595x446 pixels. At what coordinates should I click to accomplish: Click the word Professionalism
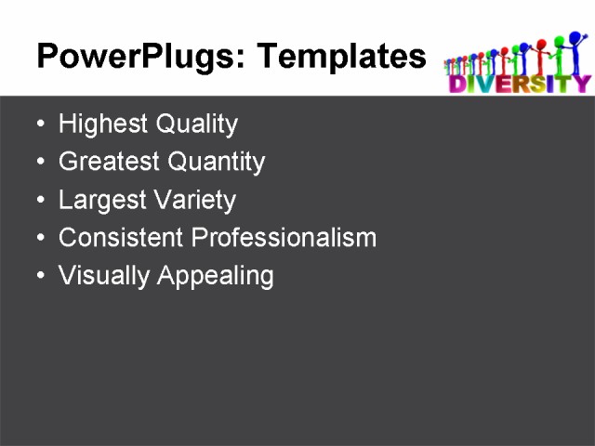[x=284, y=238]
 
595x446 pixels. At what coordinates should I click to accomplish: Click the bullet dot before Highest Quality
[x=38, y=125]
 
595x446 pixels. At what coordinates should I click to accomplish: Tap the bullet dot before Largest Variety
[x=38, y=201]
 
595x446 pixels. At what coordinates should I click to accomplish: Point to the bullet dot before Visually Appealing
[x=38, y=276]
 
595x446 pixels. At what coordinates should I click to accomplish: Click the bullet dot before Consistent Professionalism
[x=38, y=238]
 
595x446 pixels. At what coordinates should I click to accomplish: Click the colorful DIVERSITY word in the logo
[x=519, y=85]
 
